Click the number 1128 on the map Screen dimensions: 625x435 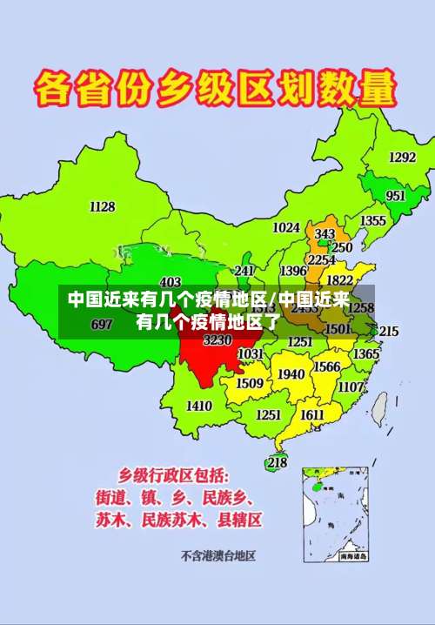pyautogui.click(x=102, y=206)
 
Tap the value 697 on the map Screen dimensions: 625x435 pyautogui.click(x=102, y=325)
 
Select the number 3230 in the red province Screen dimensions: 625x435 pyautogui.click(x=217, y=340)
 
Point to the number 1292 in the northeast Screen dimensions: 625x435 pyautogui.click(x=402, y=158)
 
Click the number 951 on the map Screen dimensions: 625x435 pyautogui.click(x=395, y=196)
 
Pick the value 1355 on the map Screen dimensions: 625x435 pyautogui.click(x=373, y=221)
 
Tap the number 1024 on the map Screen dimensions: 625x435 pyautogui.click(x=286, y=227)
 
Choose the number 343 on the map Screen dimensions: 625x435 pyautogui.click(x=325, y=234)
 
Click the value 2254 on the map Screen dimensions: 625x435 pyautogui.click(x=321, y=259)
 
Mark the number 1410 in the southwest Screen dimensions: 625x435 pyautogui.click(x=199, y=406)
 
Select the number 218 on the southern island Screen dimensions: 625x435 pyautogui.click(x=277, y=463)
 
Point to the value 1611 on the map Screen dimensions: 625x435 pyautogui.click(x=312, y=415)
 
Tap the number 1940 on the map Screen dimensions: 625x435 pyautogui.click(x=291, y=374)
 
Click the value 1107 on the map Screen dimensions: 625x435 pyautogui.click(x=351, y=386)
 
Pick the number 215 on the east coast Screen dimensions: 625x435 pyautogui.click(x=388, y=332)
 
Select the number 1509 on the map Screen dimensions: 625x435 pyautogui.click(x=250, y=383)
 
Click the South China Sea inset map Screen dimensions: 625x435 pyautogui.click(x=336, y=514)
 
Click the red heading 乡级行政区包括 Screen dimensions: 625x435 pyautogui.click(x=174, y=475)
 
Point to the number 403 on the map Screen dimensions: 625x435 pyautogui.click(x=171, y=282)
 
